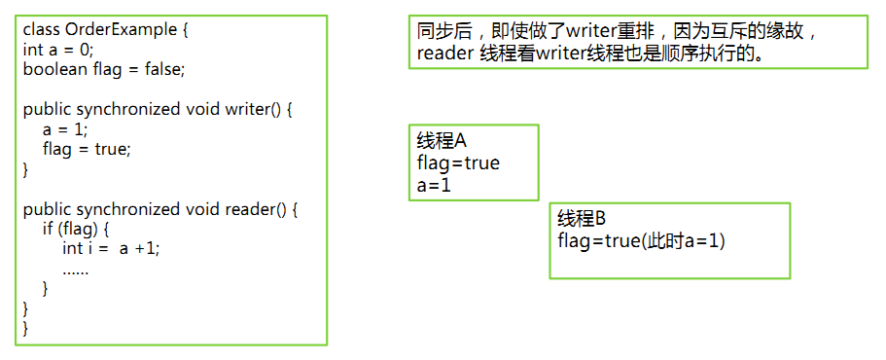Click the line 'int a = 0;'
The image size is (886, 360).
coord(58,50)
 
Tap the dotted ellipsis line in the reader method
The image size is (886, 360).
coord(76,269)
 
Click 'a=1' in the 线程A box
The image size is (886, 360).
coord(434,184)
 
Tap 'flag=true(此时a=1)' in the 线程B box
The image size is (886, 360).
coord(642,239)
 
